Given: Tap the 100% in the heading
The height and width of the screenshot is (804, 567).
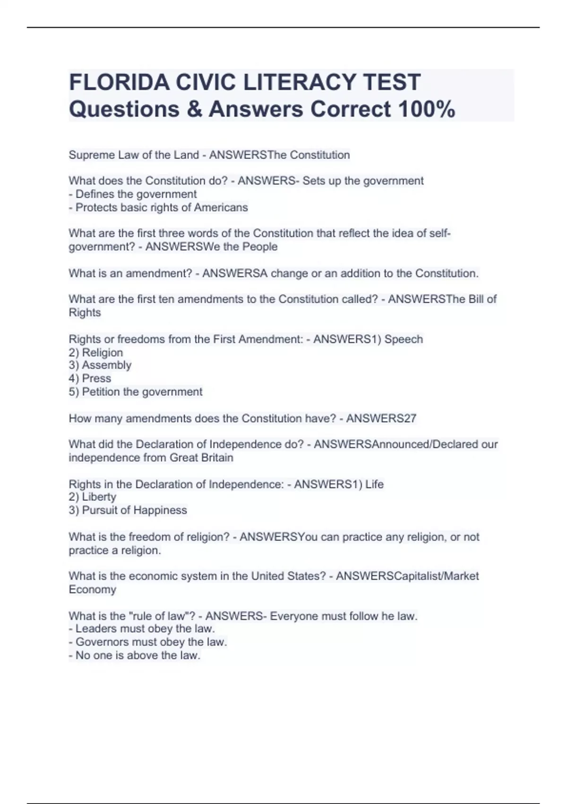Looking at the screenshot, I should [x=427, y=109].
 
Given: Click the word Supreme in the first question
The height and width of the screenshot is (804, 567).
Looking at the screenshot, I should [x=91, y=155].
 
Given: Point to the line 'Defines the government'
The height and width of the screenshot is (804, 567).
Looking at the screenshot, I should [x=136, y=194].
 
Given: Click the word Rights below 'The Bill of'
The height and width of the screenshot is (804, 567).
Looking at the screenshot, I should [x=85, y=313].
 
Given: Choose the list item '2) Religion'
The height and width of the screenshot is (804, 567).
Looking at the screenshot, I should [x=96, y=352].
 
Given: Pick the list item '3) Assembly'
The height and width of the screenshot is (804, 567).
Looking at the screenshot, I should [x=100, y=365].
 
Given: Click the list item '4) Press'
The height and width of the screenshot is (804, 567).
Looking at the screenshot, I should [x=90, y=378].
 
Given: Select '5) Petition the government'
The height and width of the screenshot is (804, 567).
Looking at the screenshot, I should [x=136, y=392].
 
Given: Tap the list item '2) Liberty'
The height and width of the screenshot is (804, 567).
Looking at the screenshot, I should [x=93, y=497].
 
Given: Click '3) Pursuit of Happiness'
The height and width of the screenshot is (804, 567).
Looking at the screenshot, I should [x=128, y=510].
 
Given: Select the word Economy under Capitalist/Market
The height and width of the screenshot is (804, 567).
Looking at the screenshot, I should [x=92, y=589].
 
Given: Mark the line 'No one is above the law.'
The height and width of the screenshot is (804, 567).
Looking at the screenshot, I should [x=135, y=655].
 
